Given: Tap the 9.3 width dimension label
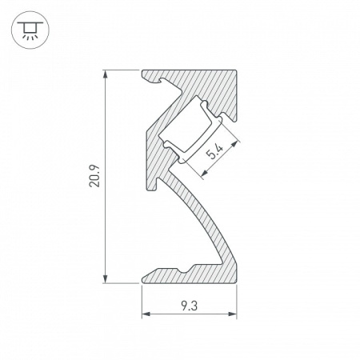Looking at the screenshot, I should tap(190, 304).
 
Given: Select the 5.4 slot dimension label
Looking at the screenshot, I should tap(214, 153).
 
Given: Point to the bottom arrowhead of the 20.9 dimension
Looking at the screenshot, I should tap(106, 279).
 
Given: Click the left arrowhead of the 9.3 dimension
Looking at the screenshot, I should tap(146, 314).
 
